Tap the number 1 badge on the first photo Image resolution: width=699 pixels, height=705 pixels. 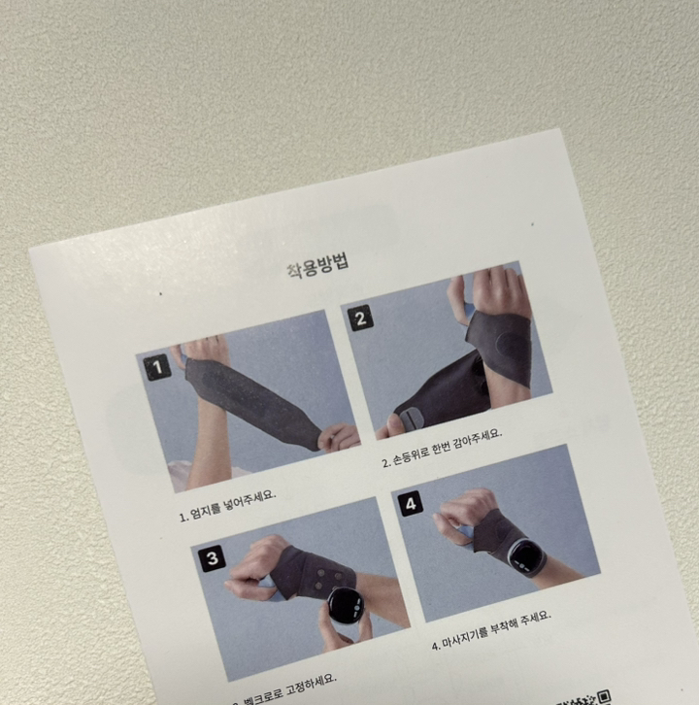156,367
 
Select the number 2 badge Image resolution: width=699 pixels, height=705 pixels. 360,319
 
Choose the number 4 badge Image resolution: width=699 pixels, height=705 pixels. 411,503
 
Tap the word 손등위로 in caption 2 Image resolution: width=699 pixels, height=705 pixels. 413,455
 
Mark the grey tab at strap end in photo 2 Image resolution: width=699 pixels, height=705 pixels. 412,419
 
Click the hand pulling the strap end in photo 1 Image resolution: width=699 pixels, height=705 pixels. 339,436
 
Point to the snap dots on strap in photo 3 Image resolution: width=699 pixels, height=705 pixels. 316,579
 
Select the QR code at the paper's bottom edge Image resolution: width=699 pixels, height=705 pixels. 604,695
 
